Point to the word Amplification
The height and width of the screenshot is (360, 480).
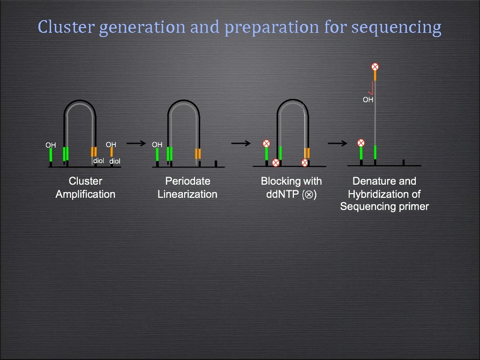pos(85,194)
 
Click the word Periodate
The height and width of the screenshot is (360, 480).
pos(187,181)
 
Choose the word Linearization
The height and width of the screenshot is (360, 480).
pos(187,194)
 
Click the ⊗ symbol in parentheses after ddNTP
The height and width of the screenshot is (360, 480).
pos(308,195)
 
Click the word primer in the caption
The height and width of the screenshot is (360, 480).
pos(414,206)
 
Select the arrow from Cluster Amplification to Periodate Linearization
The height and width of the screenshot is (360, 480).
pos(137,143)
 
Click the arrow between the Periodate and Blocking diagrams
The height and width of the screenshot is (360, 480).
pos(241,143)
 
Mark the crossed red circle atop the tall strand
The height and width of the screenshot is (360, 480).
pos(375,67)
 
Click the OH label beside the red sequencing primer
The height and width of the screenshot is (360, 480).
pos(368,99)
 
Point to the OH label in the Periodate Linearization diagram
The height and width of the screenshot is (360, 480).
pos(157,145)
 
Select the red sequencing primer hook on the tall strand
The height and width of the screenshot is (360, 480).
pos(372,88)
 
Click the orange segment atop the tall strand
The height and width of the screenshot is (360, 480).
pos(375,75)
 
